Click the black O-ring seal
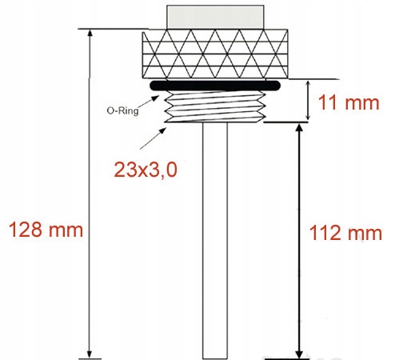[x=217, y=84]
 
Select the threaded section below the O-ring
[x=217, y=106]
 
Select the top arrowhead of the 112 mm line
[x=300, y=128]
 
